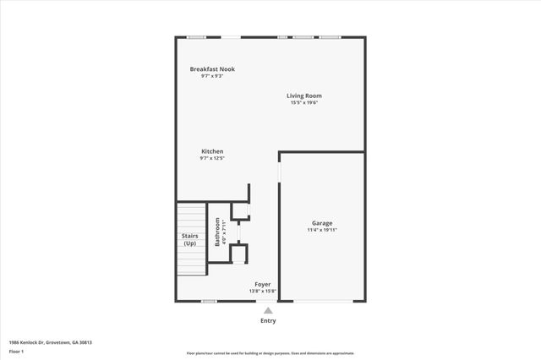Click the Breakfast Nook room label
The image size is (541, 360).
(x=212, y=69)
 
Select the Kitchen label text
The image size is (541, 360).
(x=212, y=151)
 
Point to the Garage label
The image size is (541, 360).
(x=322, y=223)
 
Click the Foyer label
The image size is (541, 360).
(x=263, y=285)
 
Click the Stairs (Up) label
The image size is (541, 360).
(x=190, y=240)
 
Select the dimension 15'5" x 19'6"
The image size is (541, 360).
(x=304, y=103)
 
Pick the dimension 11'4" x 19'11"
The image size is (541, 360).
(x=322, y=230)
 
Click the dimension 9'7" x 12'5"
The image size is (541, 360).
(x=212, y=158)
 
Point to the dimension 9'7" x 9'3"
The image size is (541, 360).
(x=212, y=76)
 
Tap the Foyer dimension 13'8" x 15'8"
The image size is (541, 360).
(x=263, y=292)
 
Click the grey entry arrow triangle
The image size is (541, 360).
(x=268, y=310)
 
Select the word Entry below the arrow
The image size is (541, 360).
(x=268, y=321)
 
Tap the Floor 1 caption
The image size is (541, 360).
(x=16, y=351)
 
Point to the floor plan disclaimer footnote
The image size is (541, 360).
(x=270, y=353)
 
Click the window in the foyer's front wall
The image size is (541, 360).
(x=209, y=301)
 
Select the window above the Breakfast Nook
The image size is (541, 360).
(x=197, y=36)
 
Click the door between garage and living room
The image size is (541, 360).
(x=279, y=168)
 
